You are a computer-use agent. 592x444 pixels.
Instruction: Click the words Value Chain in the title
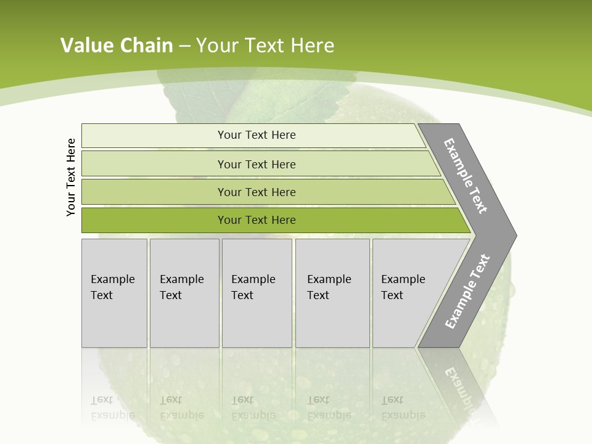117,46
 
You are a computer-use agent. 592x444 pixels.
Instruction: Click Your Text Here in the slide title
265,46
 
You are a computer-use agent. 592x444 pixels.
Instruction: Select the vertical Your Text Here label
72,178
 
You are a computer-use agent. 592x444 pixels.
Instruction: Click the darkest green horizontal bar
154,220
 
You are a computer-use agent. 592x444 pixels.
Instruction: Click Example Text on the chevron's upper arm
466,176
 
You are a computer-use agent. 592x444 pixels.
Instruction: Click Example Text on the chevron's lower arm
467,292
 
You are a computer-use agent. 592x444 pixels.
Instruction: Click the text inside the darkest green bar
257,220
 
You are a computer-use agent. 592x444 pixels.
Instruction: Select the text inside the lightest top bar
257,135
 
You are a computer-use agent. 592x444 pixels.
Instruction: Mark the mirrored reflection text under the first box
113,408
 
